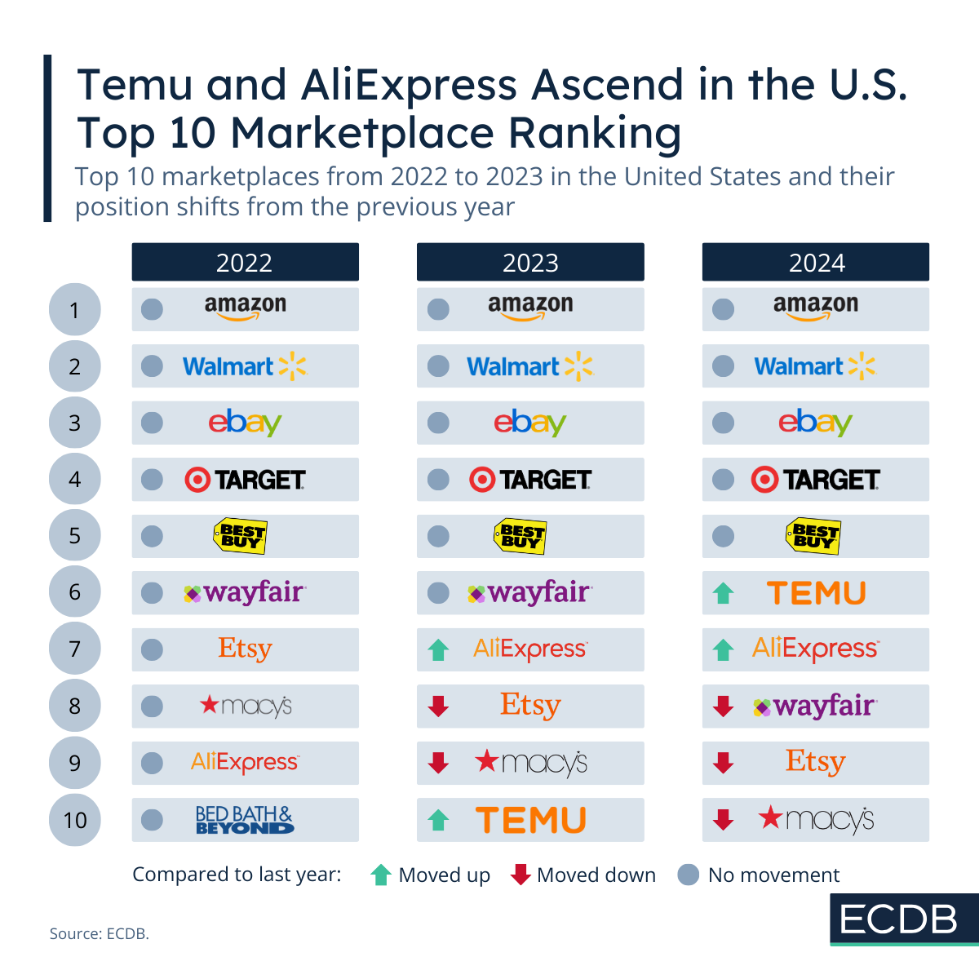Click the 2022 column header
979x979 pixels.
click(x=245, y=262)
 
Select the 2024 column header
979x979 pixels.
click(x=816, y=262)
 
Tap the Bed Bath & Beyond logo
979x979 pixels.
click(x=245, y=820)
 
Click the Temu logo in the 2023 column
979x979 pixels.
click(x=531, y=820)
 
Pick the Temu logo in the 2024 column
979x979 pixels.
click(x=816, y=593)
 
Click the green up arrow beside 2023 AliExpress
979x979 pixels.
click(x=438, y=650)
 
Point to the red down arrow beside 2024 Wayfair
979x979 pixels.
click(x=723, y=707)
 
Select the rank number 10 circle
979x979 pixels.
click(x=75, y=820)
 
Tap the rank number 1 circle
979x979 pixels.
click(x=75, y=310)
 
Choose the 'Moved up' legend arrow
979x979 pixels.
click(x=380, y=875)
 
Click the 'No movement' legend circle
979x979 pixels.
click(x=689, y=875)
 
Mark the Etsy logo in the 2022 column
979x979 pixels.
click(x=245, y=649)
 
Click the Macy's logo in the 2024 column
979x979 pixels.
click(x=816, y=819)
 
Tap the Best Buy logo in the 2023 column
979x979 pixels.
click(x=520, y=536)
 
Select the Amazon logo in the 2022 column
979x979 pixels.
click(x=245, y=307)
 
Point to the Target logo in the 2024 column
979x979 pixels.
click(x=816, y=480)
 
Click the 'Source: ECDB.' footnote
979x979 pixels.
click(x=100, y=933)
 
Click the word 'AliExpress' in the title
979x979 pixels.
click(x=410, y=85)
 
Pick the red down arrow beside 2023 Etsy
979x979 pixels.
click(x=438, y=707)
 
